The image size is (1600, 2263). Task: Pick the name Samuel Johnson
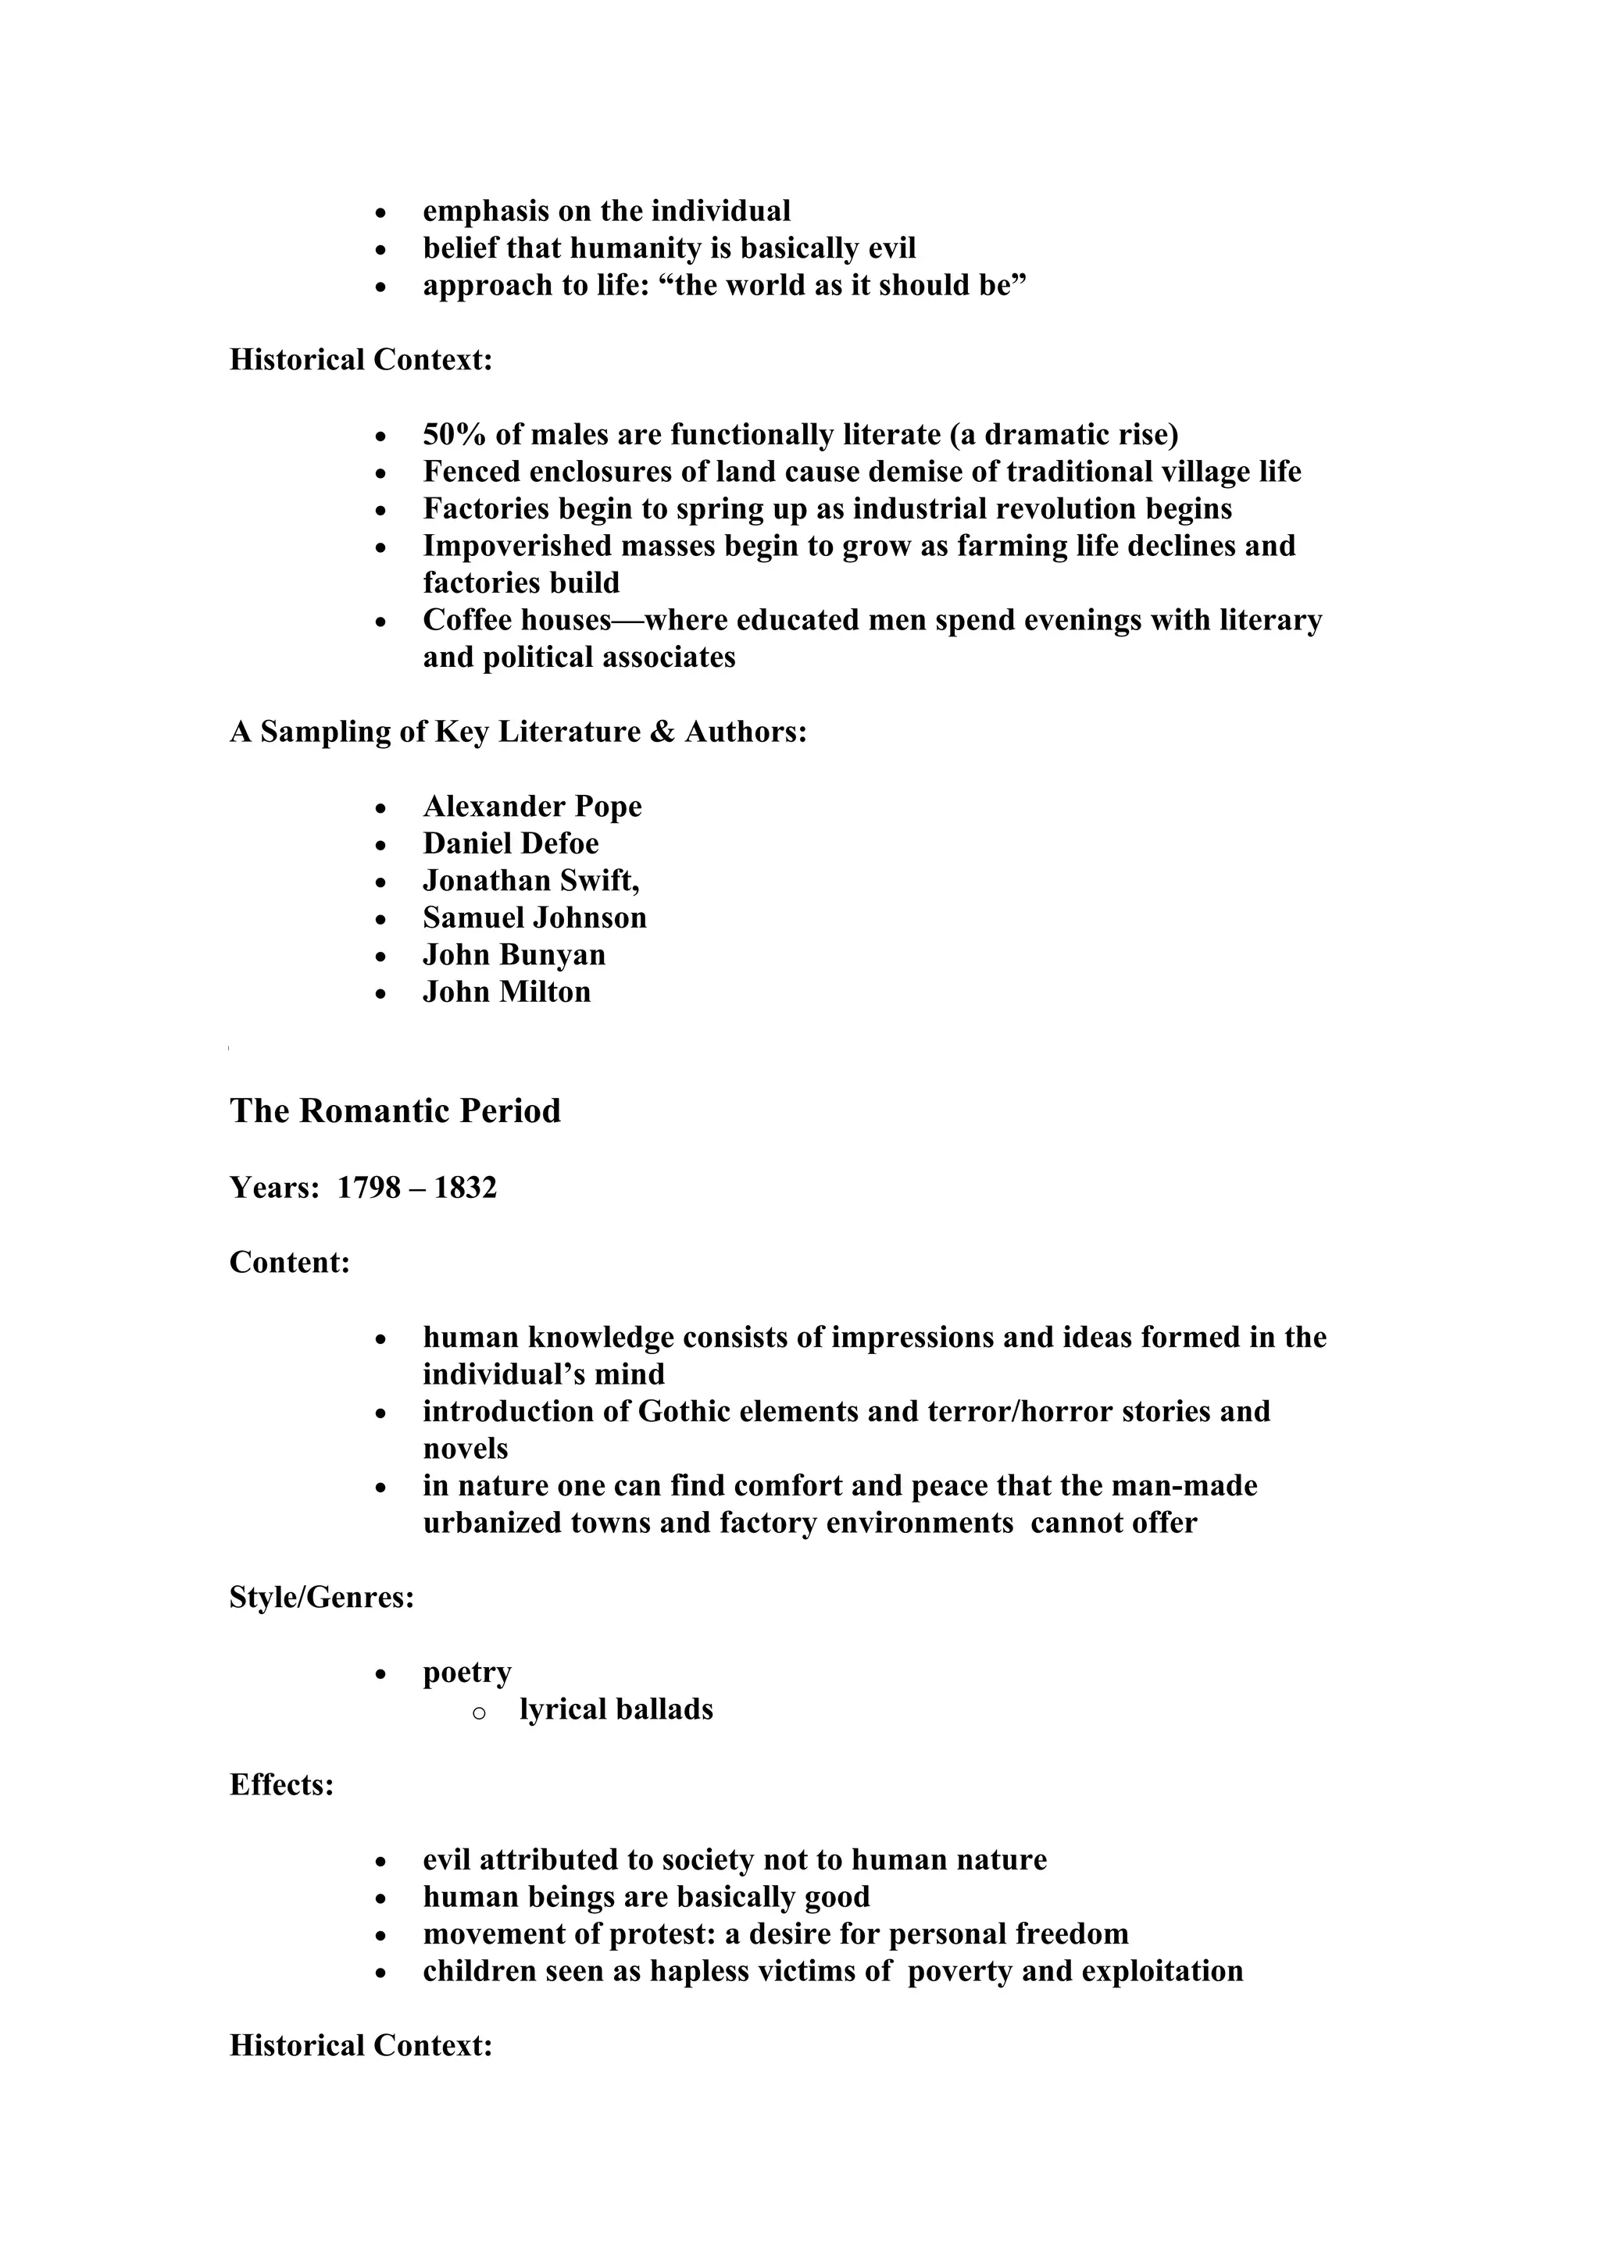(x=534, y=918)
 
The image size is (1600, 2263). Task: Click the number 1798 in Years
(x=369, y=1188)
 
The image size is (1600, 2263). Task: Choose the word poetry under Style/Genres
(x=466, y=1673)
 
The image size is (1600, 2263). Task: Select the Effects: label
(x=281, y=1785)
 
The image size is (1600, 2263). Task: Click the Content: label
(x=290, y=1263)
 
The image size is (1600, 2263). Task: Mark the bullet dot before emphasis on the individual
(x=381, y=213)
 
